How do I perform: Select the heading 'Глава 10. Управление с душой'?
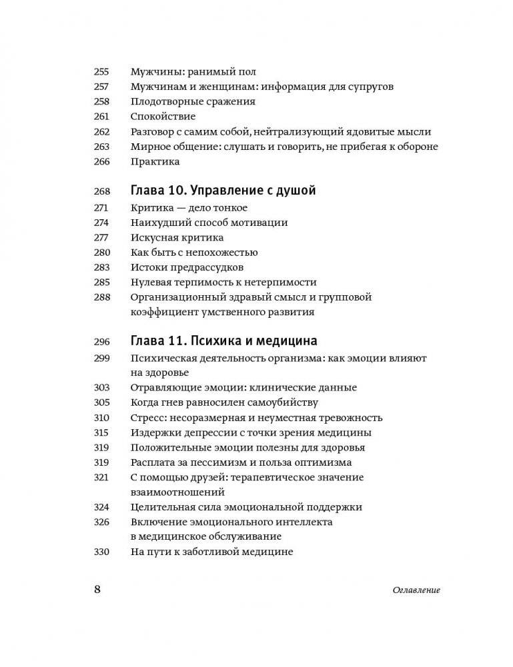click(x=223, y=191)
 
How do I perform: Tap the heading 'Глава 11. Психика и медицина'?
click(x=223, y=341)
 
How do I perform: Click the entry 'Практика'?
click(x=155, y=161)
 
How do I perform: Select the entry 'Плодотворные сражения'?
click(x=193, y=102)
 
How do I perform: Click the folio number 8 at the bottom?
click(x=97, y=590)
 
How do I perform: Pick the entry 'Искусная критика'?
click(x=177, y=237)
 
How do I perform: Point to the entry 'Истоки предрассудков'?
click(x=187, y=267)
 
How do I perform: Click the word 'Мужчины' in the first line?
click(x=155, y=72)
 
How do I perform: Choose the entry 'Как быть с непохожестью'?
click(x=194, y=253)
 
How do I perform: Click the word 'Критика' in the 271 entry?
click(x=153, y=208)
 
